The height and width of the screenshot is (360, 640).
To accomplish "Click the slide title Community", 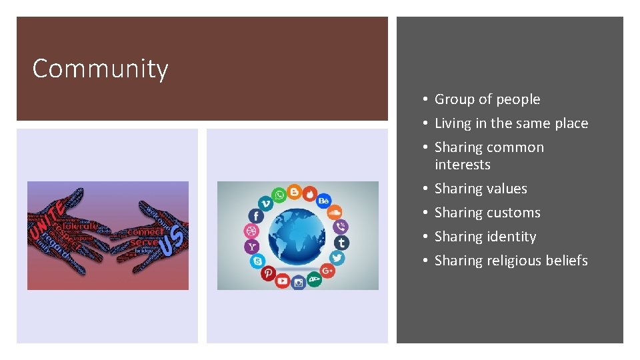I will point(100,69).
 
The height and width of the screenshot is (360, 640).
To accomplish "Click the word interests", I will point(462,165).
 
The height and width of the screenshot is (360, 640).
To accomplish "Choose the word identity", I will point(511,237).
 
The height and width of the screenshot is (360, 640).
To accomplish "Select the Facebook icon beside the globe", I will point(255,216).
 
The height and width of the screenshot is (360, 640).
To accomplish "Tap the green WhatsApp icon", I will point(279,195).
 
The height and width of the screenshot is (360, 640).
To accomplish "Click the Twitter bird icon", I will point(337,258).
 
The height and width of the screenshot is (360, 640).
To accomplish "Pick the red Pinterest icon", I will point(268,272).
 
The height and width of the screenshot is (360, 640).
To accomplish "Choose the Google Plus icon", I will point(327,271).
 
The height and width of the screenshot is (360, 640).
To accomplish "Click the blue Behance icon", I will point(324,200).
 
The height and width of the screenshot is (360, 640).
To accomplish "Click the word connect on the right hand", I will point(145,231).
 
